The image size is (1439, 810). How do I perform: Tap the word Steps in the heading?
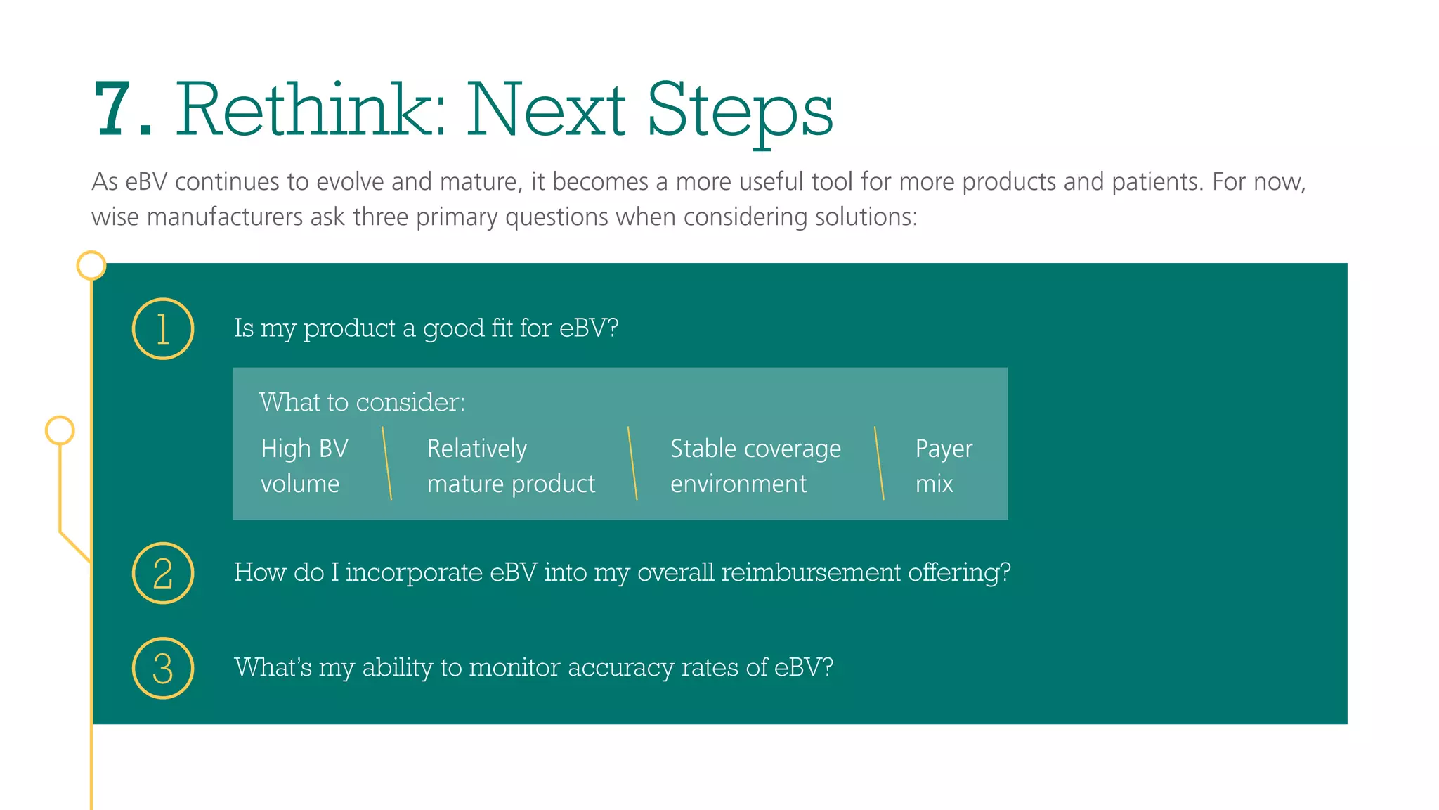[x=739, y=111]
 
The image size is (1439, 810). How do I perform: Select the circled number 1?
[x=163, y=329]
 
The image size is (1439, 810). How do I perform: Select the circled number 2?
[x=163, y=573]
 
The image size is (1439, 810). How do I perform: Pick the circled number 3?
[x=163, y=668]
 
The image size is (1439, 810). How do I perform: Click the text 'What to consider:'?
[x=362, y=402]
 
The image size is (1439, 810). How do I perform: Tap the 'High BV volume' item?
[x=304, y=465]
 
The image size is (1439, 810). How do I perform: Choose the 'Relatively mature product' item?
[x=511, y=465]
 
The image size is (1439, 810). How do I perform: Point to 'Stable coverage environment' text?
[x=755, y=465]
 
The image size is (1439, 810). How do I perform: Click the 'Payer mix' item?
[x=944, y=465]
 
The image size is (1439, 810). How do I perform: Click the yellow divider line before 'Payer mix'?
[x=879, y=463]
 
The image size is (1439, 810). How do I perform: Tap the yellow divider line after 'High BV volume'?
[x=386, y=463]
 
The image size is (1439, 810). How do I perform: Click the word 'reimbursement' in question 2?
[x=811, y=572]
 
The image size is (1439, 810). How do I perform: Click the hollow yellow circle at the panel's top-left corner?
[x=91, y=266]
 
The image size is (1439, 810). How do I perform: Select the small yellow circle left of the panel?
[x=60, y=430]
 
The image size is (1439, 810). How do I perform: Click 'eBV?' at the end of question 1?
[x=589, y=328]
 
